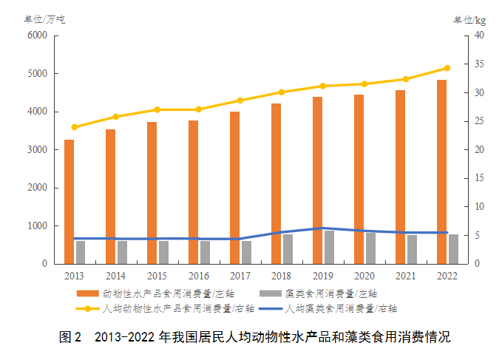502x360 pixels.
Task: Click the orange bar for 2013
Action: pos(69,202)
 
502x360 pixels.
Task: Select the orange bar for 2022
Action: pos(441,171)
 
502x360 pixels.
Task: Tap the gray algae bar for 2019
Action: pos(329,247)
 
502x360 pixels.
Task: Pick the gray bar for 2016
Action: pos(205,252)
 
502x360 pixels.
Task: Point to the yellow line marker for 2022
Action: pos(447,68)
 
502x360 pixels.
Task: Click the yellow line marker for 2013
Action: pos(74,127)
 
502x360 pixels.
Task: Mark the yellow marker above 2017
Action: pos(240,101)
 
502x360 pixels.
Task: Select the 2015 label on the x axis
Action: pos(157,276)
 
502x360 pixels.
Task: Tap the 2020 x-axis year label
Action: pos(364,276)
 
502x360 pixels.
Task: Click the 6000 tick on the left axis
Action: pos(37,35)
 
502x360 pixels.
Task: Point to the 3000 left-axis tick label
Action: pos(37,150)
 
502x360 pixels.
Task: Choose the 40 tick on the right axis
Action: pos(479,35)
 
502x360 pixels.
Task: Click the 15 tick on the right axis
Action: pos(479,178)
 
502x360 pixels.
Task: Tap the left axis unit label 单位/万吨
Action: pos(44,19)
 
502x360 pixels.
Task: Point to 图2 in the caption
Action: pos(69,337)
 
